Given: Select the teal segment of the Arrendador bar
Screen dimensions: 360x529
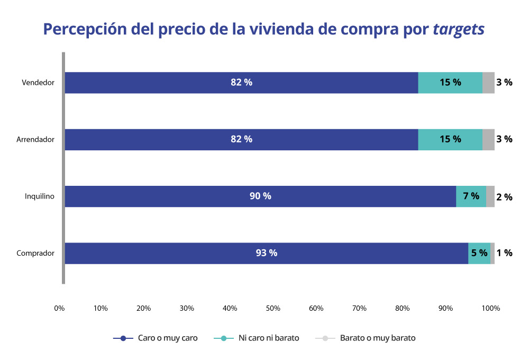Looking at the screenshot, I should click(x=450, y=140).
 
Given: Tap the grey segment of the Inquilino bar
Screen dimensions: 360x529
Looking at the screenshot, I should click(x=490, y=196).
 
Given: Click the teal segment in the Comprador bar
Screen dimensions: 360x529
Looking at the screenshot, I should click(x=479, y=253).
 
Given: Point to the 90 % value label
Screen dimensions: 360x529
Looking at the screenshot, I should click(x=260, y=196).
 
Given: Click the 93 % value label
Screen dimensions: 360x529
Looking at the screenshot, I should click(x=267, y=253).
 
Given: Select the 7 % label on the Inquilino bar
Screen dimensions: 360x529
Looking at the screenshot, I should click(x=471, y=196).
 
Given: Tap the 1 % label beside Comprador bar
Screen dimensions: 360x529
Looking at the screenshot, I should click(x=504, y=253).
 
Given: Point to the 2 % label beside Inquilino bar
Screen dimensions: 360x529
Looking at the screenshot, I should click(x=504, y=197).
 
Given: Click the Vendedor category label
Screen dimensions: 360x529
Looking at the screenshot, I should click(x=38, y=83).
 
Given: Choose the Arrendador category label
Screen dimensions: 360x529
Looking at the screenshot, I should click(x=35, y=140).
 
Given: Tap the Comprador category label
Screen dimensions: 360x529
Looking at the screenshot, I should click(x=35, y=253).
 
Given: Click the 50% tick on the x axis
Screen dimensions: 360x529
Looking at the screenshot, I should click(x=273, y=308).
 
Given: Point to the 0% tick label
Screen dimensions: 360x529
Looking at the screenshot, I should click(x=59, y=308).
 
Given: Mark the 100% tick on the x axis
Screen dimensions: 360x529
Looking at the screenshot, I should click(x=491, y=308).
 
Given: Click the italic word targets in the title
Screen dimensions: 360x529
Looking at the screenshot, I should click(x=459, y=29).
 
